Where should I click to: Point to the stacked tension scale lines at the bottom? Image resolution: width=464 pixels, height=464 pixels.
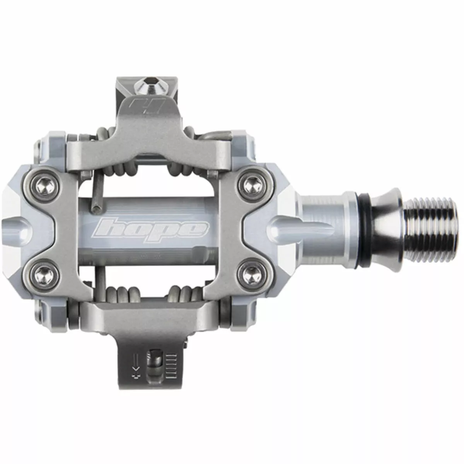172,362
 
